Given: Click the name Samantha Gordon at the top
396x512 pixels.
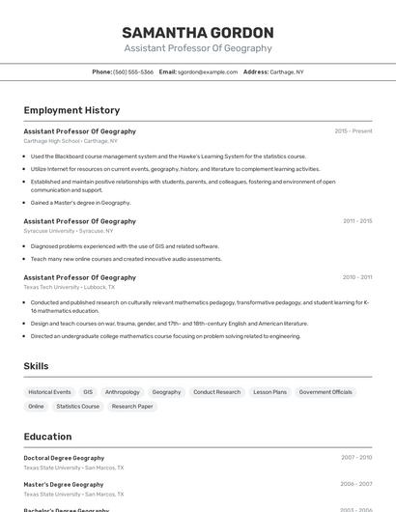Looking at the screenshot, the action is (x=198, y=32).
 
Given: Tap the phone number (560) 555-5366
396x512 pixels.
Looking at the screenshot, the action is (x=133, y=71).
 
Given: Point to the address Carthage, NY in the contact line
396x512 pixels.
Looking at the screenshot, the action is (x=287, y=71).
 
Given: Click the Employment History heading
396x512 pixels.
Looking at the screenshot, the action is (x=71, y=110).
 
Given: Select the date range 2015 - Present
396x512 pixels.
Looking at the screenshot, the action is (x=353, y=130).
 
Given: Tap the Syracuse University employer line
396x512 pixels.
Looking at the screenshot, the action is (x=68, y=231).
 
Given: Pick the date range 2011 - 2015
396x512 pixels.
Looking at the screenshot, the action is (x=356, y=220).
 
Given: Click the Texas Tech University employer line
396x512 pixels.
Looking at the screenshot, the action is (x=69, y=287).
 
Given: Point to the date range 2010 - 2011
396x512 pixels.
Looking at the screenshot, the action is (x=356, y=276).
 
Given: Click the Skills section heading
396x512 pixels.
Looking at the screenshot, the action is (x=36, y=366).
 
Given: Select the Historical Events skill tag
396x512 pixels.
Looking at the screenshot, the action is (x=49, y=392).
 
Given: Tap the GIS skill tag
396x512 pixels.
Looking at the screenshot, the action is (x=88, y=392).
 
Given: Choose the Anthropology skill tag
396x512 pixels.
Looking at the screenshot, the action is (x=123, y=392).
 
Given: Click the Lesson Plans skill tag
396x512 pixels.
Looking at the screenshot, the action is (x=270, y=392).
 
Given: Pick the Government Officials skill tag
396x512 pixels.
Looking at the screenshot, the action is (x=325, y=392).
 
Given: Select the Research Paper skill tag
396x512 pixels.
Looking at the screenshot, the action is (x=132, y=407).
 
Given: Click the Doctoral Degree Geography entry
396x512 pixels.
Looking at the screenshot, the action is (x=64, y=458).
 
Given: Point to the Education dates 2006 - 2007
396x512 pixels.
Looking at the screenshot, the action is (x=356, y=484).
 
